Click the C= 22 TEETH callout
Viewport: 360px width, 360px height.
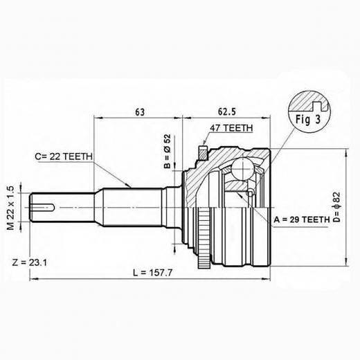pos(66,156)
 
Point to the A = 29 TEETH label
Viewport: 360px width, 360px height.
pos(303,219)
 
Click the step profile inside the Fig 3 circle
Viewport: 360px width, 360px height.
pos(314,105)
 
